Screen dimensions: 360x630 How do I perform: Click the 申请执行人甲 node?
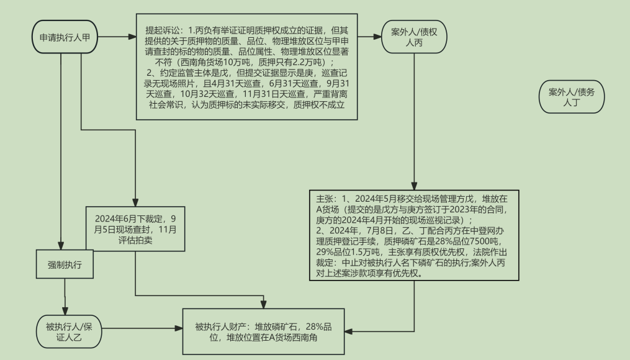[x=65, y=37]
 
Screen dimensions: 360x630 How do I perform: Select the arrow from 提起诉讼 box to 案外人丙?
[x=369, y=37]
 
